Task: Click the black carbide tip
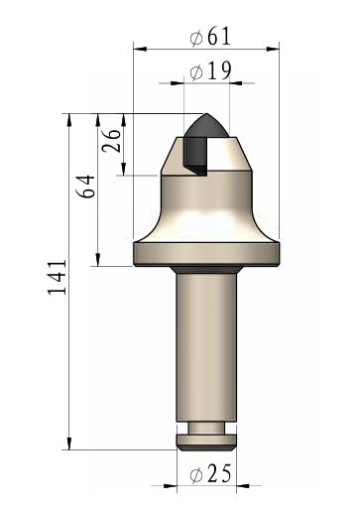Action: (x=205, y=140)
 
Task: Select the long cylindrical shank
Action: (x=205, y=347)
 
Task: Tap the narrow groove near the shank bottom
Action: (x=205, y=428)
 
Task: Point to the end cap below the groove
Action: (x=205, y=441)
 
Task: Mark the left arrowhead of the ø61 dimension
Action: (x=136, y=48)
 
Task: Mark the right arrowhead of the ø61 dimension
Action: (x=277, y=48)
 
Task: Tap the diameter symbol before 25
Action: (x=194, y=475)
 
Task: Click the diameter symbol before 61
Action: (x=194, y=37)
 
